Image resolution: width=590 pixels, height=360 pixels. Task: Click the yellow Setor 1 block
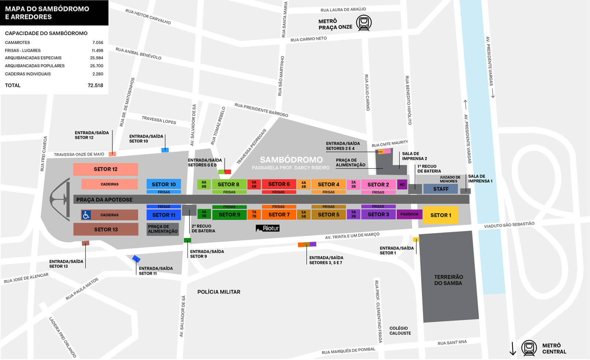pyautogui.click(x=441, y=215)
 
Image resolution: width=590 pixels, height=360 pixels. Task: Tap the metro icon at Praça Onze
pyautogui.click(x=364, y=23)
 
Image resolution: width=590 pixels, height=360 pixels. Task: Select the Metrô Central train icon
pyautogui.click(x=529, y=348)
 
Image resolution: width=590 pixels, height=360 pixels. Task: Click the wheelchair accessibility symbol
pyautogui.click(x=86, y=215)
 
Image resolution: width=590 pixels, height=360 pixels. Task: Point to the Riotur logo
pyautogui.click(x=268, y=228)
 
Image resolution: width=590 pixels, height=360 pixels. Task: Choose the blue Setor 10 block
pyautogui.click(x=164, y=184)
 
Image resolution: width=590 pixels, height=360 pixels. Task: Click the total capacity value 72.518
pyautogui.click(x=95, y=85)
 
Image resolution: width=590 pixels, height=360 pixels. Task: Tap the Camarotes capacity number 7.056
pyautogui.click(x=98, y=42)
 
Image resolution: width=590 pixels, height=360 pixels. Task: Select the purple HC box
pyautogui.click(x=402, y=184)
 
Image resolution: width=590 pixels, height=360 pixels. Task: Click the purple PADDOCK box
pyautogui.click(x=409, y=214)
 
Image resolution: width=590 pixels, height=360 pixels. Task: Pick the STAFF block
pyautogui.click(x=441, y=189)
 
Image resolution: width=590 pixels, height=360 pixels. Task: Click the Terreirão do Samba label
pyautogui.click(x=448, y=280)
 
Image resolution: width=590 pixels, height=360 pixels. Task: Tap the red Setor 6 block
pyautogui.click(x=279, y=184)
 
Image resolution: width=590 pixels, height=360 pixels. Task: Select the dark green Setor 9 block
pyautogui.click(x=229, y=215)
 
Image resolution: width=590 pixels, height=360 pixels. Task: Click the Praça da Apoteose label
pyautogui.click(x=104, y=200)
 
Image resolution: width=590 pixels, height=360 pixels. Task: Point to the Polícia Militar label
pyautogui.click(x=219, y=292)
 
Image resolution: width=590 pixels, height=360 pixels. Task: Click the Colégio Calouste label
pyautogui.click(x=400, y=330)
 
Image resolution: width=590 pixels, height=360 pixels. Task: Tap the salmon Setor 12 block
pyautogui.click(x=105, y=169)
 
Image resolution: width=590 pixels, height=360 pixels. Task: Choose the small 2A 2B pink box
pyautogui.click(x=353, y=184)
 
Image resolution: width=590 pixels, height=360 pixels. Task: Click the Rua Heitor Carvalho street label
pyautogui.click(x=148, y=17)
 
